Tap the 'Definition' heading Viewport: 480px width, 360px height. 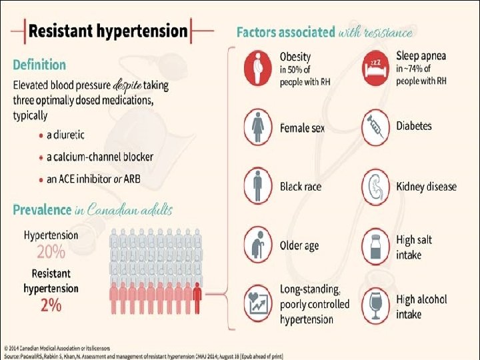pyautogui.click(x=39, y=65)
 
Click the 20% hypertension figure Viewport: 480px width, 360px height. pyautogui.click(x=51, y=252)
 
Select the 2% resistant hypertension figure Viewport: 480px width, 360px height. pyautogui.click(x=51, y=305)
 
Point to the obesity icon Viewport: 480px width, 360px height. pyautogui.click(x=258, y=67)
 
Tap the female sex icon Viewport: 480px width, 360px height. pyautogui.click(x=258, y=126)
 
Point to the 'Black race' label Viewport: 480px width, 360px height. pyautogui.click(x=301, y=187)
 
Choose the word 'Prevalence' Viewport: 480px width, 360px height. pyautogui.click(x=42, y=210)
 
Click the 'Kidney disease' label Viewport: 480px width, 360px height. pyautogui.click(x=426, y=186)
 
